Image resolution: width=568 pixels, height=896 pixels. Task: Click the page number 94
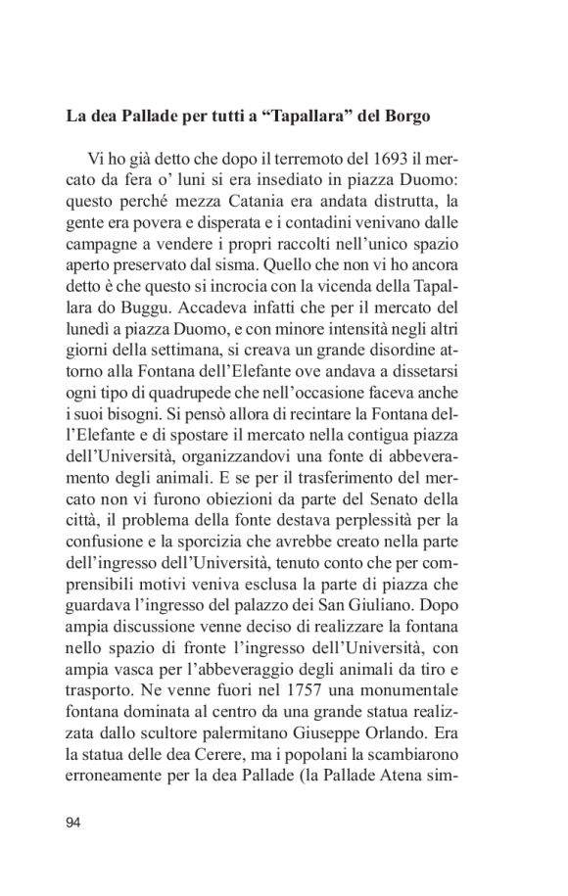(x=73, y=822)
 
